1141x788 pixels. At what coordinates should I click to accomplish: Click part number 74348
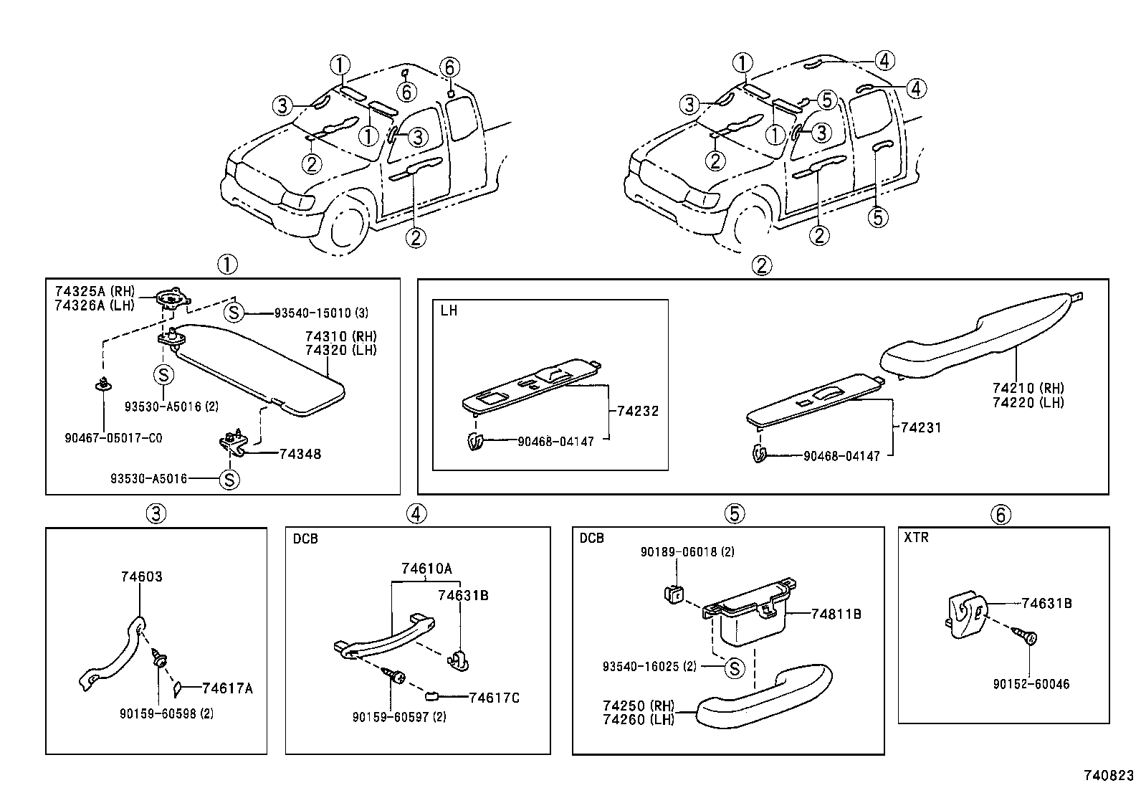(x=300, y=454)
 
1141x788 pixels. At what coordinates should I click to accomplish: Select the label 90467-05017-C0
(x=113, y=437)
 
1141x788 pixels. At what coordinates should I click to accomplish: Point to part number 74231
(x=920, y=427)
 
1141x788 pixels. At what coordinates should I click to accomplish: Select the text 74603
(x=142, y=576)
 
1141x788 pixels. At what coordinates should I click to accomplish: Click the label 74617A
(x=227, y=688)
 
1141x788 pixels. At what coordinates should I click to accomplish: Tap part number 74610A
(x=426, y=569)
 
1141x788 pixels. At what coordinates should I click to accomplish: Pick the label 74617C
(x=494, y=698)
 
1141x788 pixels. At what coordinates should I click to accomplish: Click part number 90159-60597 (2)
(x=398, y=716)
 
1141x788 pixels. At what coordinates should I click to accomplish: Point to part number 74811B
(x=836, y=614)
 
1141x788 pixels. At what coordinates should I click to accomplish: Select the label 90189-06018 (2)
(x=677, y=552)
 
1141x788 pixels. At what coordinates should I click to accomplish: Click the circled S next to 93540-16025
(x=734, y=668)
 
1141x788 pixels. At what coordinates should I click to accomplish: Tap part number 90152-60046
(x=1031, y=684)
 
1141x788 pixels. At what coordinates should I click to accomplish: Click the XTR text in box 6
(x=917, y=537)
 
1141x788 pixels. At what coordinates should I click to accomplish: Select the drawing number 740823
(x=1108, y=776)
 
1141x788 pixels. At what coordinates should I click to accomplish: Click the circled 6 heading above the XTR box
(x=1001, y=514)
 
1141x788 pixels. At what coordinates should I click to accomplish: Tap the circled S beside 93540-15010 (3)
(x=234, y=313)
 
